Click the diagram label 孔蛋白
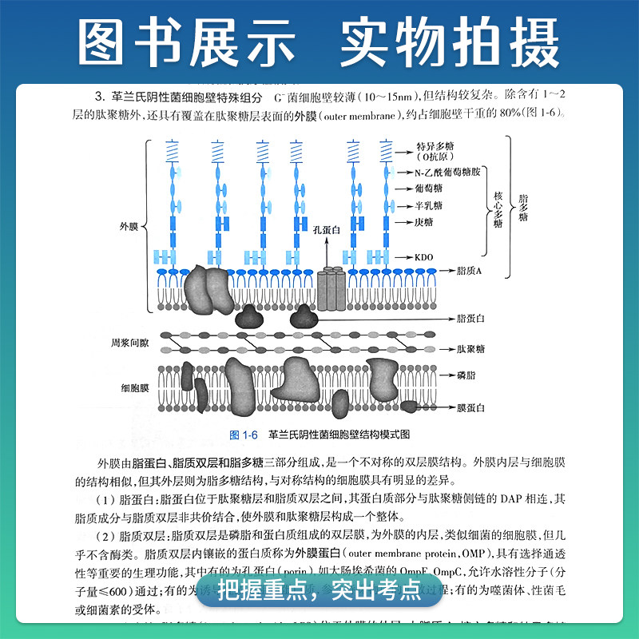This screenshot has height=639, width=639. click(x=326, y=231)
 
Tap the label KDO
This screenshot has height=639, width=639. click(x=425, y=258)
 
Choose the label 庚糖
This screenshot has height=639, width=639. click(x=425, y=221)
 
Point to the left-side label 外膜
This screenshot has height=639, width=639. click(x=129, y=226)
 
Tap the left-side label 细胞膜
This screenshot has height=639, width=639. click(x=129, y=388)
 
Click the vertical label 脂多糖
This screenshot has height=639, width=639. click(x=523, y=207)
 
